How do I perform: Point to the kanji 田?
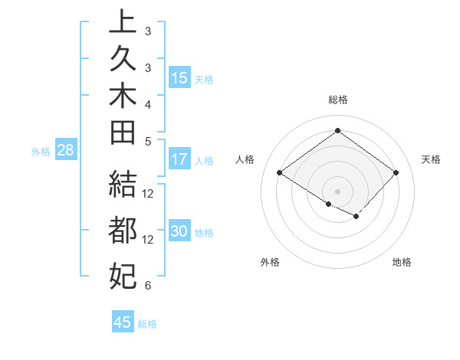point(123,133)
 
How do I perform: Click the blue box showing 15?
point(179,78)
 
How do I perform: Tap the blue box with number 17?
point(179,160)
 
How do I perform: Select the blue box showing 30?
point(179,232)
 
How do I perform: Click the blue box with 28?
point(66,150)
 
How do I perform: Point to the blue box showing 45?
point(123,322)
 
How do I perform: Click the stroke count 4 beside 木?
point(147,104)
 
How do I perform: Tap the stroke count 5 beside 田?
point(147,141)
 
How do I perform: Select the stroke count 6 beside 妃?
point(147,286)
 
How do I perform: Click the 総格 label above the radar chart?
point(337,100)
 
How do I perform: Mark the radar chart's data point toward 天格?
point(396,173)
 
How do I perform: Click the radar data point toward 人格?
point(280,173)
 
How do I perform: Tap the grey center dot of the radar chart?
point(337,191)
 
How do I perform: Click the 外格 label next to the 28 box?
point(41,151)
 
